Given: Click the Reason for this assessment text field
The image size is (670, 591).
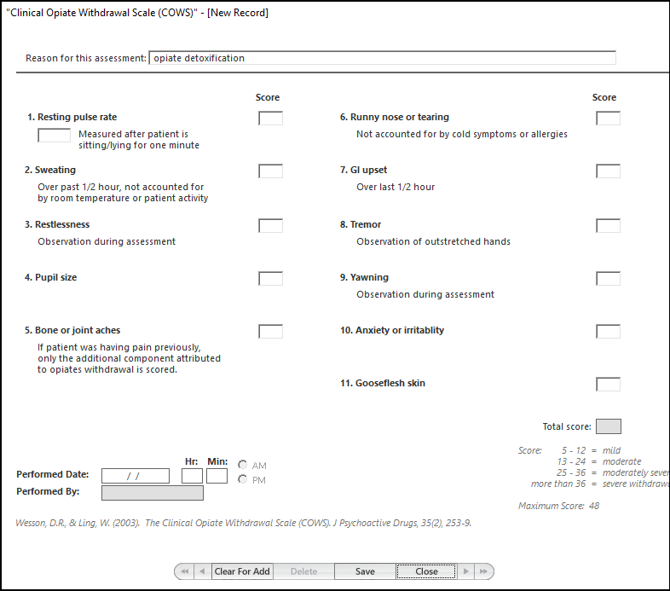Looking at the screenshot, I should (x=381, y=58).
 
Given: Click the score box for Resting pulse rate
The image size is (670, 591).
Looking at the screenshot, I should (x=270, y=118).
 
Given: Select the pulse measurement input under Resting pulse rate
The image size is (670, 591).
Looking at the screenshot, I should (x=54, y=135).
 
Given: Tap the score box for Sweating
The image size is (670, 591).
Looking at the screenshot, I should (x=270, y=171).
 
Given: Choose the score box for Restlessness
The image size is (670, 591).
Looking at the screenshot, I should (x=270, y=225).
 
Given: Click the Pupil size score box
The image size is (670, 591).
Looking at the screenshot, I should (x=270, y=278).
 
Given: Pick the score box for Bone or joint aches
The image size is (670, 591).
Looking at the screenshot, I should (x=270, y=331).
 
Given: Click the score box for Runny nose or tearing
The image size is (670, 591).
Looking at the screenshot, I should (x=608, y=118).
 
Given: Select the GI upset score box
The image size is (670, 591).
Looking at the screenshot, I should (x=608, y=171).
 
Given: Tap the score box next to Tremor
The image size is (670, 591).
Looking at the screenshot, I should (x=608, y=225).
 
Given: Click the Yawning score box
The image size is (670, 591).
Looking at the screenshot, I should (x=608, y=278).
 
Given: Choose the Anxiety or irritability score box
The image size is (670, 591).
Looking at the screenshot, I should (x=608, y=331).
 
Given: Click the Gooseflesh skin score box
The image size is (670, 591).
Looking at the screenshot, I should (x=608, y=384).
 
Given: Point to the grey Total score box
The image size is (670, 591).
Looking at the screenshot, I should (x=608, y=426).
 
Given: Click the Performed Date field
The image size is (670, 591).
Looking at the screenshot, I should (x=135, y=476).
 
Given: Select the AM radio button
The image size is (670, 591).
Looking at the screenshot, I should (x=243, y=465).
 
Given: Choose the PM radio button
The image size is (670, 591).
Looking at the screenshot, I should (x=243, y=479).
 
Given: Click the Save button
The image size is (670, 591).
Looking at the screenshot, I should (x=365, y=571).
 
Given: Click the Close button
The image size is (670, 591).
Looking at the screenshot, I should (x=426, y=571).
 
